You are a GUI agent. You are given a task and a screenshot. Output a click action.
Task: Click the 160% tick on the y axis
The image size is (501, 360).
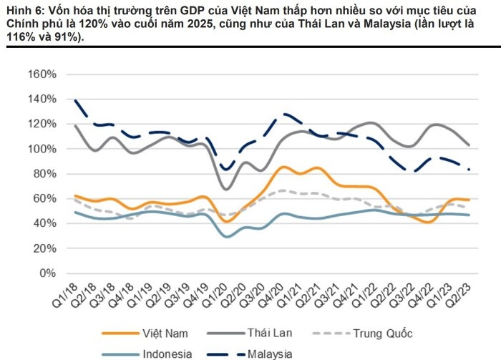pyautogui.click(x=42, y=74)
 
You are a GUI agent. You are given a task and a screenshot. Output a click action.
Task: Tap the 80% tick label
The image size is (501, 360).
pyautogui.click(x=45, y=174)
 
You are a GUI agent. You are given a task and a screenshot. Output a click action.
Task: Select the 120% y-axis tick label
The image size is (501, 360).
pyautogui.click(x=42, y=124)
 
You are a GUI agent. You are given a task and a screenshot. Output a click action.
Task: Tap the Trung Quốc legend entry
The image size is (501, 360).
pyautogui.click(x=384, y=333)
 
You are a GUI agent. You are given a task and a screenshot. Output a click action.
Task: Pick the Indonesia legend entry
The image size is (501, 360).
pyautogui.click(x=166, y=353)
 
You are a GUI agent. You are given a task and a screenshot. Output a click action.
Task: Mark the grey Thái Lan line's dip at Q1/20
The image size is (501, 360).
pyautogui.click(x=227, y=189)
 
